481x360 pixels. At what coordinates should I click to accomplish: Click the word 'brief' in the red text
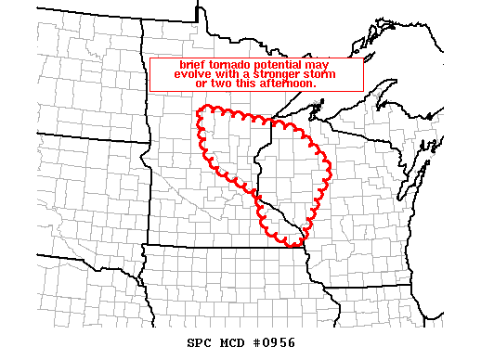[192, 65]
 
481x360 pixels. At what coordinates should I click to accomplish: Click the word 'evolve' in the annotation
[191, 74]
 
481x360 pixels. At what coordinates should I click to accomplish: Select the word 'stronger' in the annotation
[280, 74]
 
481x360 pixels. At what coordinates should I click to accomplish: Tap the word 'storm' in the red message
[330, 74]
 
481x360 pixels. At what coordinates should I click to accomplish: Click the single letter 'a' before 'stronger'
[247, 75]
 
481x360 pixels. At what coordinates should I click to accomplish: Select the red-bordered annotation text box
[255, 74]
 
